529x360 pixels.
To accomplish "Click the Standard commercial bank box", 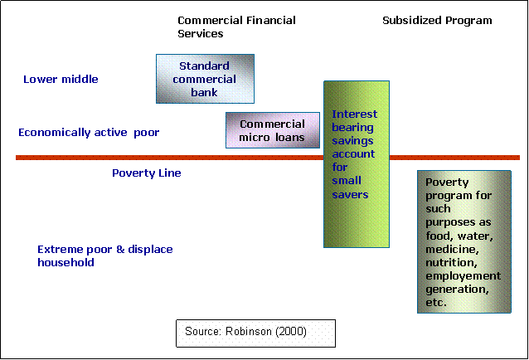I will [x=205, y=79].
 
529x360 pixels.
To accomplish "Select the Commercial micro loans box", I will [x=272, y=130].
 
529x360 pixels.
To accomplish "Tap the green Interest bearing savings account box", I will [x=356, y=163].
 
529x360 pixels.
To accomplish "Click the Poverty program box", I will [x=463, y=241].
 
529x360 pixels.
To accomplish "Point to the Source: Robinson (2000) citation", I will [x=255, y=332].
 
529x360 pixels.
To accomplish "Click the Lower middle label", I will [x=61, y=80].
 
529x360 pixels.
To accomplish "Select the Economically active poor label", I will [x=88, y=133].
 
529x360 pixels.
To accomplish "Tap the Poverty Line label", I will [x=146, y=173].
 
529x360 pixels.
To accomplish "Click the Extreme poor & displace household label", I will [x=104, y=255].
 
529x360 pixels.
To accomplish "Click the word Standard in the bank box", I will [x=204, y=66].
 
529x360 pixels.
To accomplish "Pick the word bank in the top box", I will [x=204, y=92].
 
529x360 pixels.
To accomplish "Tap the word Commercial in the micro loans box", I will [x=272, y=124].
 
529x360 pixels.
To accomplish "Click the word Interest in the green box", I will [x=355, y=114].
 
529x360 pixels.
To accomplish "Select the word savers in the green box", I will [x=351, y=194].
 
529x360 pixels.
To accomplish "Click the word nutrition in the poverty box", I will [x=450, y=262].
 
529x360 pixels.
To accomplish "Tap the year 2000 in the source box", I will [x=291, y=332].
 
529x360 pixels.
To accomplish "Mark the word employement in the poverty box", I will [x=463, y=275].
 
